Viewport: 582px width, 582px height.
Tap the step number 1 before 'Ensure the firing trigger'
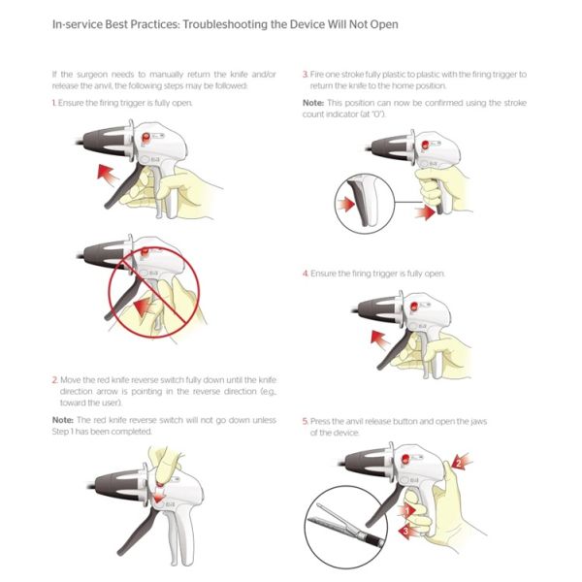pos(53,103)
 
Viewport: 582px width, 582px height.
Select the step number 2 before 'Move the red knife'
pos(55,380)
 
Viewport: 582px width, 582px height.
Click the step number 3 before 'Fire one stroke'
pos(306,75)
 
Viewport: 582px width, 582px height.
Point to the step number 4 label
pos(306,274)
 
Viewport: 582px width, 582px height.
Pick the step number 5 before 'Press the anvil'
pos(306,421)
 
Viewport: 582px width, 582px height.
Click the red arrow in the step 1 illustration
pos(108,174)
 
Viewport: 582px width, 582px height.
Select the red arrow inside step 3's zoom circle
pos(345,204)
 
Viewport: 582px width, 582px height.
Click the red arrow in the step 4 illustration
pos(380,339)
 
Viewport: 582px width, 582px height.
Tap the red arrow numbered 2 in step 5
pos(461,463)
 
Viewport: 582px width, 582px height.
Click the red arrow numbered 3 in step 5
pos(407,532)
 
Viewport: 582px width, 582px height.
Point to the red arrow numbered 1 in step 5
pos(406,511)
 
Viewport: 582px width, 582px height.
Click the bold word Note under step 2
pos(62,420)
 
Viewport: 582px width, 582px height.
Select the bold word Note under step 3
pos(313,103)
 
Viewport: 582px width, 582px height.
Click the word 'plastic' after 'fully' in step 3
pos(393,75)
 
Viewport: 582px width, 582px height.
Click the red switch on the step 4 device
pos(413,307)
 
